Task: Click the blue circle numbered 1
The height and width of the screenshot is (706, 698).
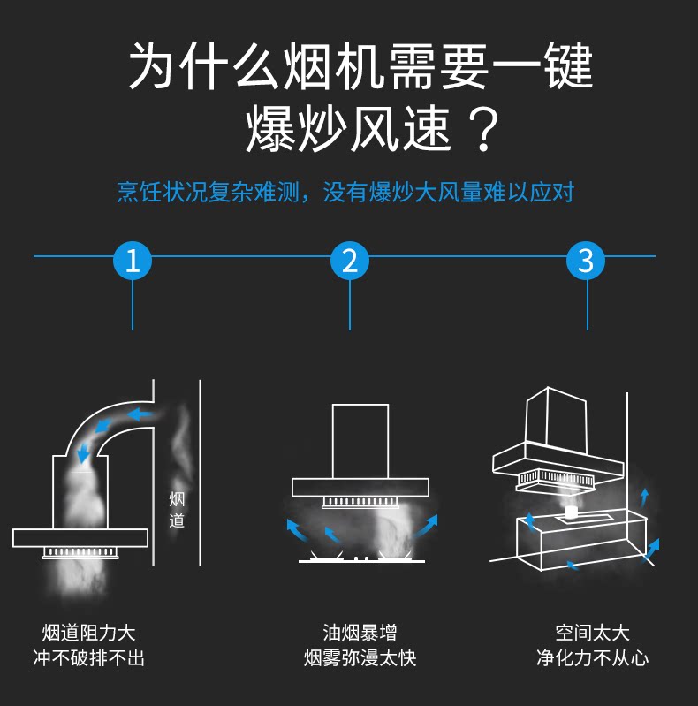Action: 133,261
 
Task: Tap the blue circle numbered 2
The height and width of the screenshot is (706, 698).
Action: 350,261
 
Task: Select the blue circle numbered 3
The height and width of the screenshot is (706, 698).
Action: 586,261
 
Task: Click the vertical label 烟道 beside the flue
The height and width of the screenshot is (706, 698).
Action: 177,510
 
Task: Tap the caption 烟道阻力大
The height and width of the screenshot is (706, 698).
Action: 88,633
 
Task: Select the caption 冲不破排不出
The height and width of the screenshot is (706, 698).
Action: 88,658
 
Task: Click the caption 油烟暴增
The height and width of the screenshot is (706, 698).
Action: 360,633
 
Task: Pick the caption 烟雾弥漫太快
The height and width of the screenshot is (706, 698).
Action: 360,658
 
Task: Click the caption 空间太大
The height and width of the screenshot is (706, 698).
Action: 592,633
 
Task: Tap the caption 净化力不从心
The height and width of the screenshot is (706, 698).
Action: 592,658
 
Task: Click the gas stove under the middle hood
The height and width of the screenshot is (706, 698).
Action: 360,558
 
